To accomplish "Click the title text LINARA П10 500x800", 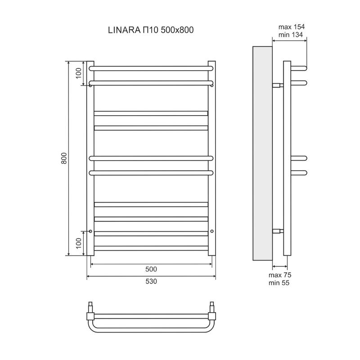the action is pos(151,30).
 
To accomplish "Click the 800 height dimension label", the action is pos(64,158).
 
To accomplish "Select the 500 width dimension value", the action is pos(151,269).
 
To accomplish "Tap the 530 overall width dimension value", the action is pos(151,281).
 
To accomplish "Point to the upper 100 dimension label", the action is pos(78,73).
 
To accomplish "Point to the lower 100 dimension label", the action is pos(78,243).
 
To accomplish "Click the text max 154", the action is pos(292,27).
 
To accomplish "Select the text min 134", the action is pos(291,35).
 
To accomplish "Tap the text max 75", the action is pos(280,275).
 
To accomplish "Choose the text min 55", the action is pos(279,283).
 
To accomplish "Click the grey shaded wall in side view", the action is pos(262,153).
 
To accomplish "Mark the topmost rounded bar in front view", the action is pos(151,68).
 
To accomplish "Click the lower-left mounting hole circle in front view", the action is pos(90,231).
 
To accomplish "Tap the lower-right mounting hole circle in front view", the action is pos(211,231).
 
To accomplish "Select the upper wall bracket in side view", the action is pos(278,85).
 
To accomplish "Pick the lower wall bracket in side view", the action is pos(278,231).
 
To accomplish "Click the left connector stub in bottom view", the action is pos(90,307).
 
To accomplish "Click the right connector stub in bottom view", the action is pos(211,307).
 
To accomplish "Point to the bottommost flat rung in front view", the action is pos(151,248).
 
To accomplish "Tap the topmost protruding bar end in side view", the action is pos(299,68).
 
